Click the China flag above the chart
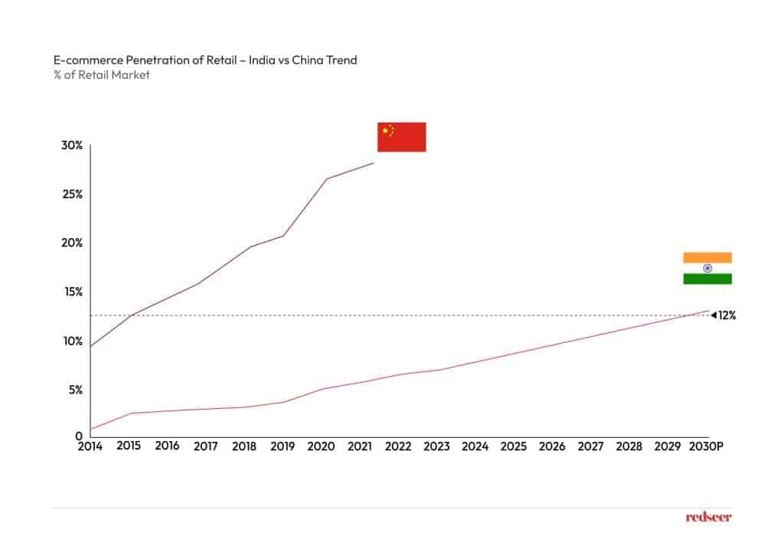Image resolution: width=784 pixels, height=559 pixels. [x=401, y=137]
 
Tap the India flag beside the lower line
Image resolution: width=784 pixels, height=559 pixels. [x=707, y=268]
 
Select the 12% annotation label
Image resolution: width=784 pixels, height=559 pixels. [x=726, y=315]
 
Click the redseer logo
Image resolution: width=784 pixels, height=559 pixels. [x=708, y=518]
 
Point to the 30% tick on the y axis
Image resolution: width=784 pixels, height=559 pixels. [x=73, y=145]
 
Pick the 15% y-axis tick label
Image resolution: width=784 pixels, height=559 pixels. [x=73, y=292]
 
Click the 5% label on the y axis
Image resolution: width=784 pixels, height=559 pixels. [x=75, y=390]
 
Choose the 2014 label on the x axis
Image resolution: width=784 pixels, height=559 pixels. [x=90, y=446]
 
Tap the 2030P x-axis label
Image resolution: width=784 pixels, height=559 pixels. [x=705, y=446]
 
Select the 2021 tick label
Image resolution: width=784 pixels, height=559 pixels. [x=359, y=446]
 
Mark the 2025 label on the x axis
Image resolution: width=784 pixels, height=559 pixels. [x=514, y=446]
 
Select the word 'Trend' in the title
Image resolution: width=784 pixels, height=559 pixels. [x=341, y=60]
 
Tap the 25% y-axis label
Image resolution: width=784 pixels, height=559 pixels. [x=73, y=194]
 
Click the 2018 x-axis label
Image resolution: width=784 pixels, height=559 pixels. [x=243, y=446]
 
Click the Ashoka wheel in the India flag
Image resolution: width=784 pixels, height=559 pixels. [x=707, y=268]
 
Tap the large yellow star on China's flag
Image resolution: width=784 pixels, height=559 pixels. [x=385, y=131]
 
